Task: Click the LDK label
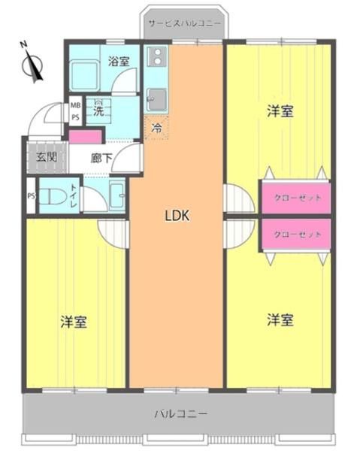(x=177, y=216)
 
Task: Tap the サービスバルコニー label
(x=185, y=23)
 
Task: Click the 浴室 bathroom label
(x=119, y=61)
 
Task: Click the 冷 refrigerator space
(x=156, y=128)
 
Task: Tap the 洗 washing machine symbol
(x=98, y=111)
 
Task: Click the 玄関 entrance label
(x=47, y=157)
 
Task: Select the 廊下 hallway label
(x=101, y=158)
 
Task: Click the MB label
(x=76, y=105)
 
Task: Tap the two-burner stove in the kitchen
(x=157, y=56)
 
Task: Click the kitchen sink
(x=157, y=100)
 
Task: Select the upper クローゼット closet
(x=295, y=198)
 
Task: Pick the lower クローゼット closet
(x=295, y=234)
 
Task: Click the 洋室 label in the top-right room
(x=280, y=111)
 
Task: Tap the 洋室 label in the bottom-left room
(x=74, y=322)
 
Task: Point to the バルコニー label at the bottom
(x=181, y=414)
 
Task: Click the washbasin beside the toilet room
(x=117, y=195)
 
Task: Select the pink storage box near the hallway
(x=86, y=137)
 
